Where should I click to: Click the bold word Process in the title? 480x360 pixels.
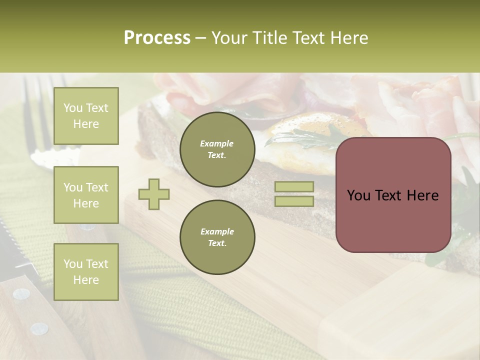click(157, 37)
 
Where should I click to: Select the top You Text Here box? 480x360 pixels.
click(86, 116)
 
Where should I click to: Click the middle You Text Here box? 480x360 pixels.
click(86, 195)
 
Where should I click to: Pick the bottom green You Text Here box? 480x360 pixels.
click(86, 271)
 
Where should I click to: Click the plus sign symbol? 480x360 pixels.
click(154, 194)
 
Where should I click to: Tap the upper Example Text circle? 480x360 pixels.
click(217, 149)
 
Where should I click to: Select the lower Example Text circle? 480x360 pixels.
click(217, 237)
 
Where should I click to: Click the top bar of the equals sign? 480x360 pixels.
click(294, 186)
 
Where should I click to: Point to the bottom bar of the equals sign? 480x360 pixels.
click(294, 201)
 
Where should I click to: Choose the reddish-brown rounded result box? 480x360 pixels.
click(393, 194)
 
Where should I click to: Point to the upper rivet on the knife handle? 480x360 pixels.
click(20, 294)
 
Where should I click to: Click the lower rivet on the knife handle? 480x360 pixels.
click(39, 328)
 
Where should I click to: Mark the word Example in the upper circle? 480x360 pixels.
click(217, 143)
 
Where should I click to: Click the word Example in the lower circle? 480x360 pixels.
click(217, 231)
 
